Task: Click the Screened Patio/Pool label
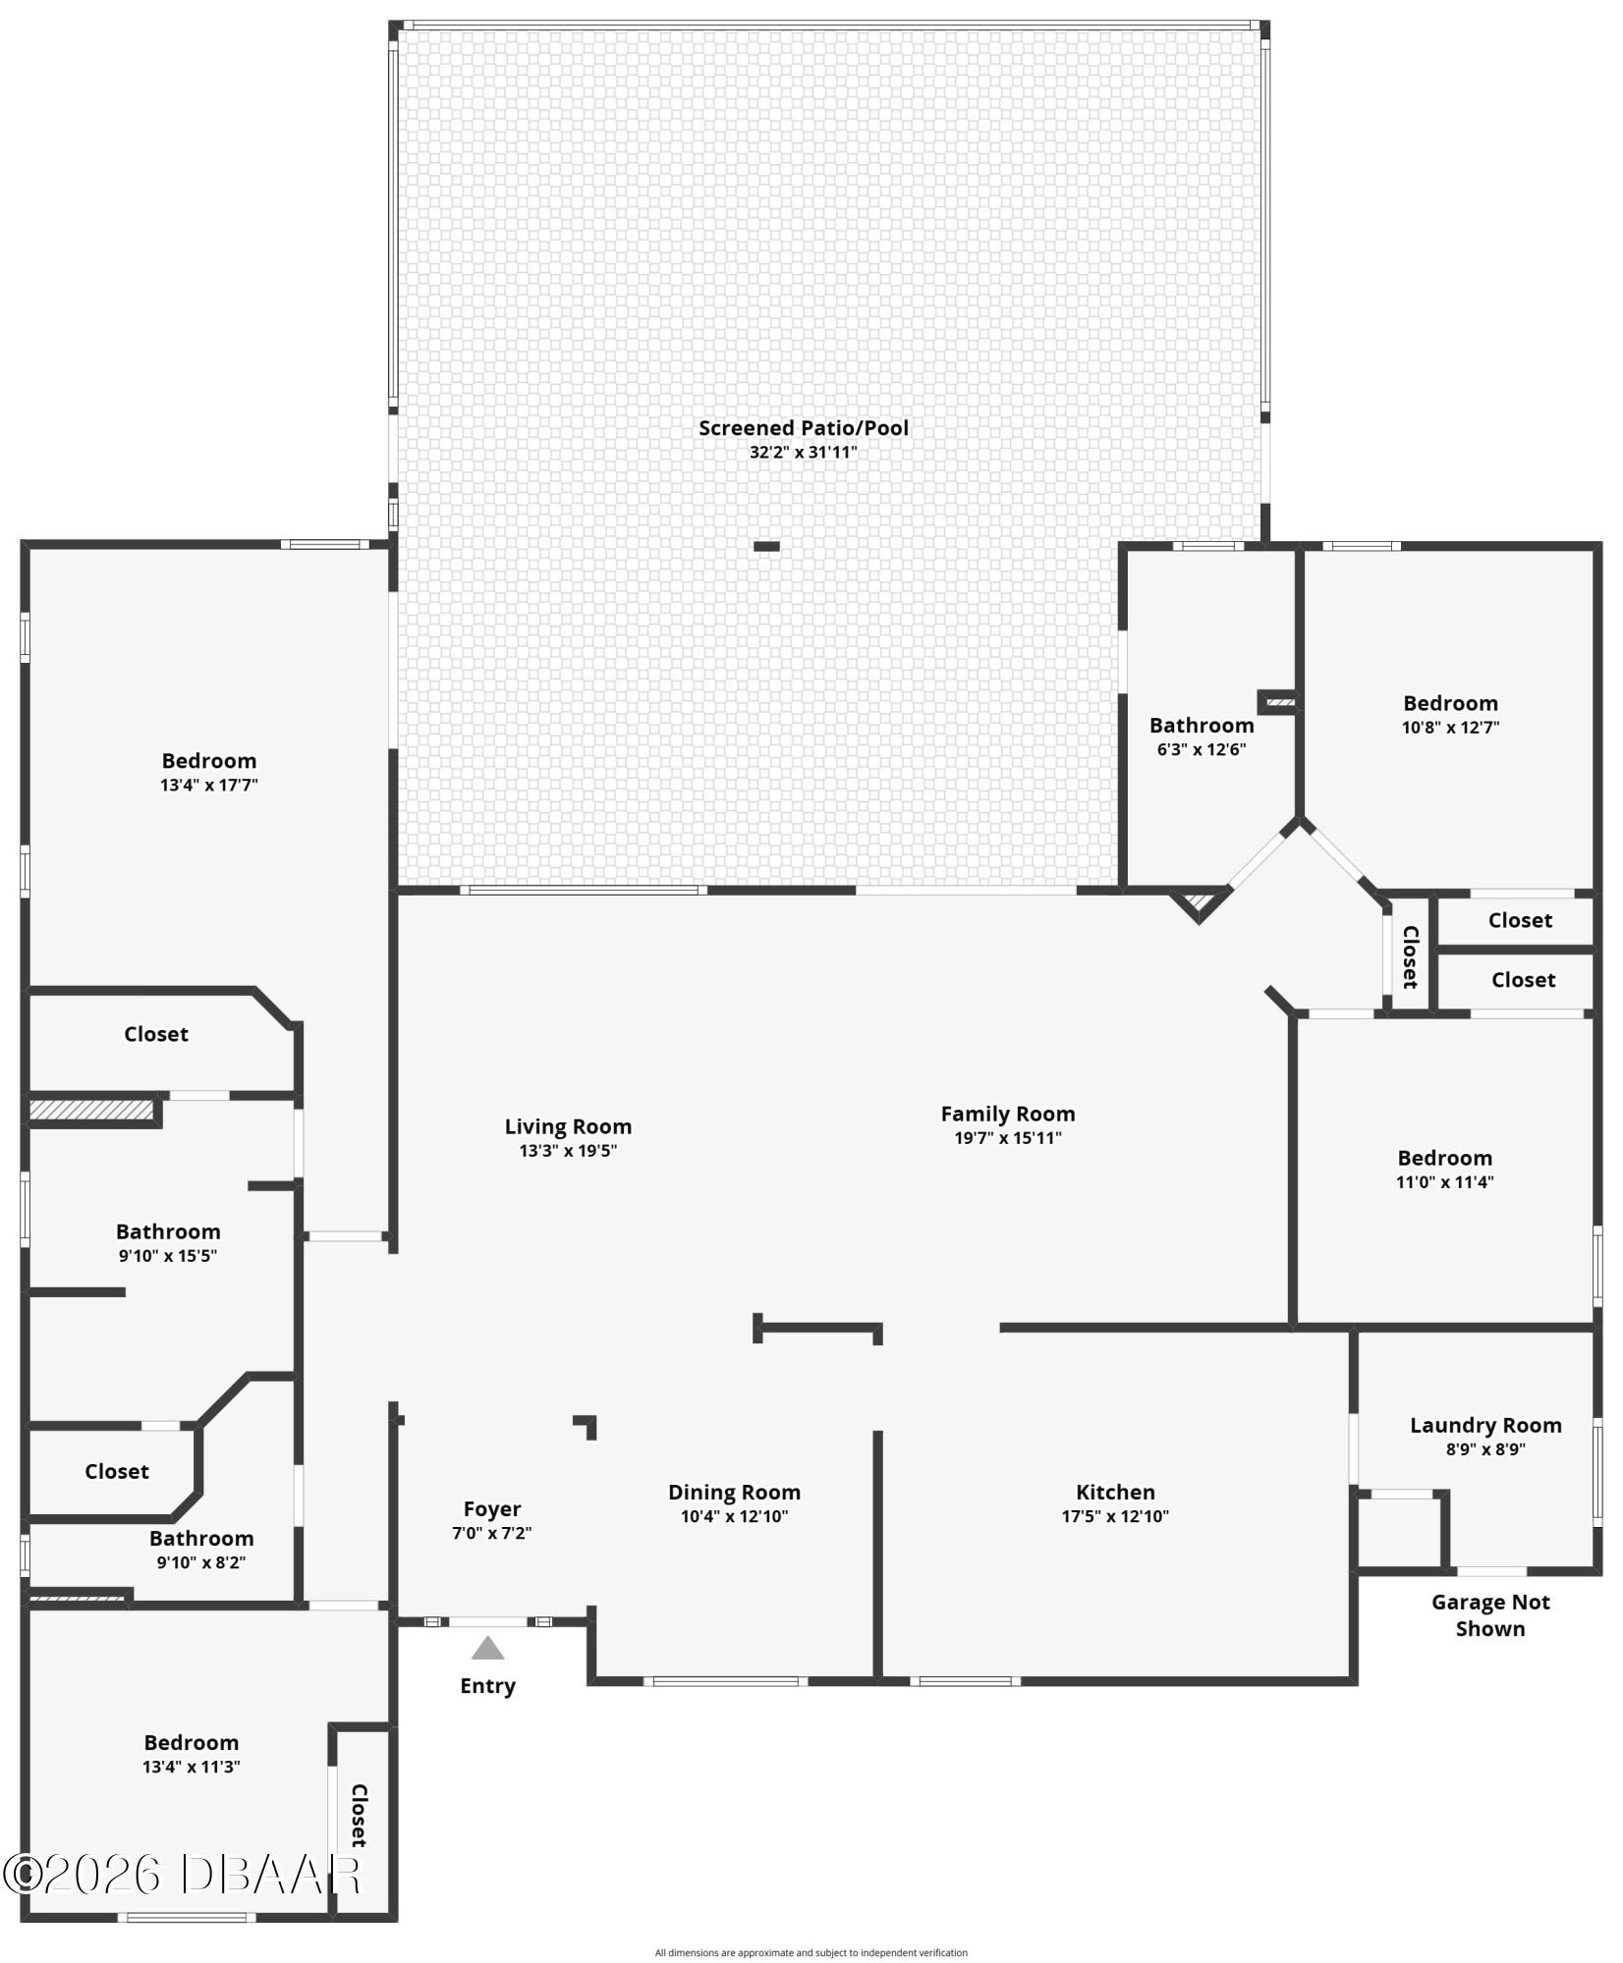coord(804,428)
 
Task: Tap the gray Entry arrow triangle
coord(487,1648)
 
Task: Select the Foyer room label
coord(492,1509)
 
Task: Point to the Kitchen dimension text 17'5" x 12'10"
coord(1115,1516)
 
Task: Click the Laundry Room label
coord(1485,1425)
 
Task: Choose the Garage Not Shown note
coord(1490,1615)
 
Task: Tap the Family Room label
coord(1008,1114)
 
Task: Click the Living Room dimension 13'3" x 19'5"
coord(568,1151)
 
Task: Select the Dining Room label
coord(734,1493)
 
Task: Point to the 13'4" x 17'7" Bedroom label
coord(209,761)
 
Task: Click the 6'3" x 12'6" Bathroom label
coord(1202,726)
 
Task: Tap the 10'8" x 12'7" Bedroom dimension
coord(1450,728)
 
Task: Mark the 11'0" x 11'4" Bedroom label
coord(1444,1158)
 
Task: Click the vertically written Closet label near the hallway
coord(1410,956)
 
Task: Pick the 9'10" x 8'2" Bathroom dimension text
coord(201,1562)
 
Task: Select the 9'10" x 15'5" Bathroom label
coord(168,1231)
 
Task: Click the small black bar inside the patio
coord(766,547)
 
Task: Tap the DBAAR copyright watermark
coord(183,1875)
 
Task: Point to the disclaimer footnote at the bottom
coord(811,1952)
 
